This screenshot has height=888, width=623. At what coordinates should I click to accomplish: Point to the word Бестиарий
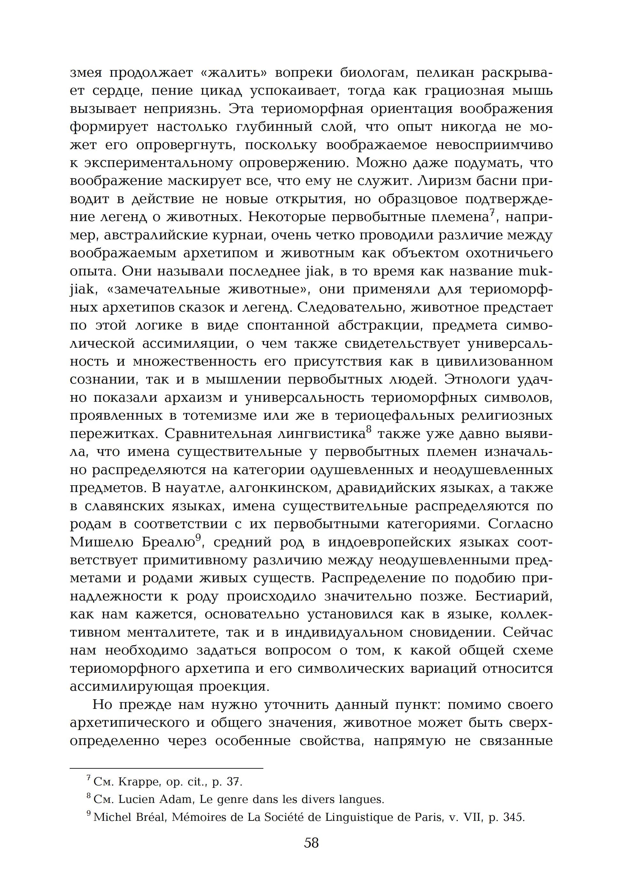514,596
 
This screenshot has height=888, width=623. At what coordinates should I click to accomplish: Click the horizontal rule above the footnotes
166,768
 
